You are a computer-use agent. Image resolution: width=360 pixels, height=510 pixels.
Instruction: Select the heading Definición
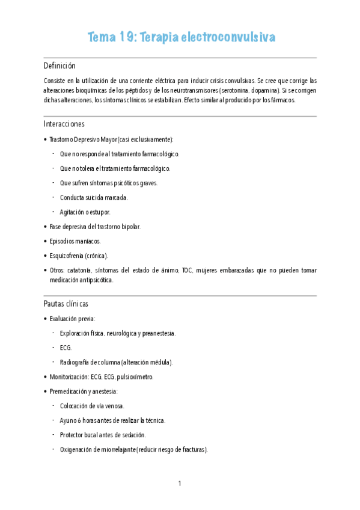pos(59,66)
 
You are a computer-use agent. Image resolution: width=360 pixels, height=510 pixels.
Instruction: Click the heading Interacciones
pos(64,124)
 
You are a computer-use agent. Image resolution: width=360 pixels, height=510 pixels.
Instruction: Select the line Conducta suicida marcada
pos(94,197)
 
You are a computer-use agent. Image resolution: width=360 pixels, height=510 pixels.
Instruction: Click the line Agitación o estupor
pos(85,212)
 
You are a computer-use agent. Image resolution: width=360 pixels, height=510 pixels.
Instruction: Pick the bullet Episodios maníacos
pos(75,241)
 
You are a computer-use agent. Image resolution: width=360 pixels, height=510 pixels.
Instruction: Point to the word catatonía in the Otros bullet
pos(82,270)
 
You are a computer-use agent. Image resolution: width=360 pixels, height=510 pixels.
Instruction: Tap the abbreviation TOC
pos(187,270)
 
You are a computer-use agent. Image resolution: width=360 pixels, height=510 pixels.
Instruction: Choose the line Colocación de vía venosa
pos(92,406)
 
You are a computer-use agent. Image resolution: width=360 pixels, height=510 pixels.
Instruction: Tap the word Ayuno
pos(69,420)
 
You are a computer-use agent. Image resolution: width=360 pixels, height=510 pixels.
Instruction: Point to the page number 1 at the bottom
pos(180,484)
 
